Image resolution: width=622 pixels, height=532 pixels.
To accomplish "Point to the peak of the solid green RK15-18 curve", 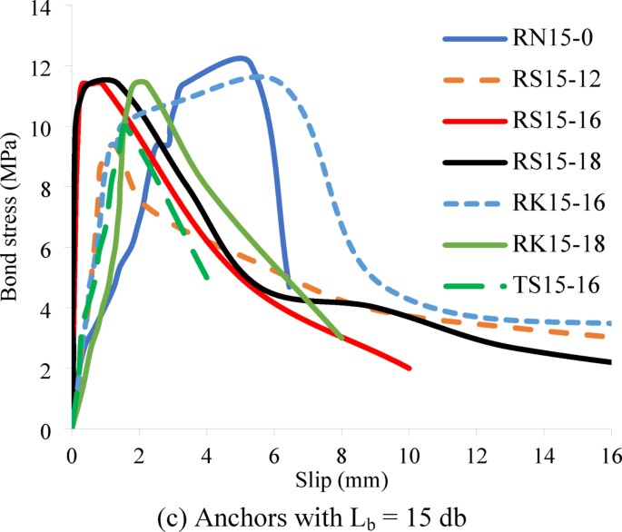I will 140,82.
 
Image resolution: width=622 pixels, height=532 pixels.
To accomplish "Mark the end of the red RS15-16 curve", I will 409,368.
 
